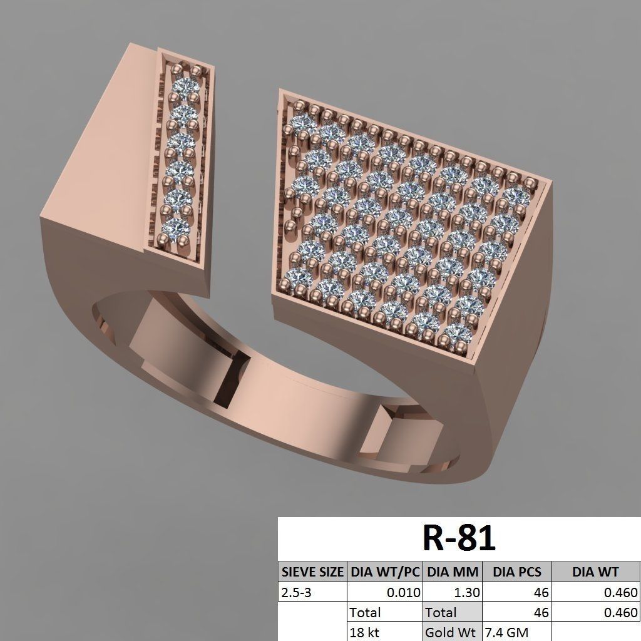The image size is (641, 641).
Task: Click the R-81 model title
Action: (x=459, y=538)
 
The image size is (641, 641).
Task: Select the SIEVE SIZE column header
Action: (x=312, y=572)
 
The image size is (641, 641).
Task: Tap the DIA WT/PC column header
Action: (x=384, y=572)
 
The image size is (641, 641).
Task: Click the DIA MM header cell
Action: (x=453, y=572)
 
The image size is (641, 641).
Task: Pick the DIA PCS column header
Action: (x=516, y=572)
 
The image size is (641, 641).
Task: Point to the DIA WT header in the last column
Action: (x=595, y=572)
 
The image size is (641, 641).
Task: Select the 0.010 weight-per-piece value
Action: (x=403, y=592)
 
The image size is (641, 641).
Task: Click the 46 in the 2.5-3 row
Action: (x=541, y=592)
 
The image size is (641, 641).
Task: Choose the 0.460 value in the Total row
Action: (x=620, y=612)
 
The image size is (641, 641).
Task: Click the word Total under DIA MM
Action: (x=441, y=612)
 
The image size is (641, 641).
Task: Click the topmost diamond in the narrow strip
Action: (x=187, y=86)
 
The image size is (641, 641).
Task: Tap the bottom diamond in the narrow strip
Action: (x=177, y=227)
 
